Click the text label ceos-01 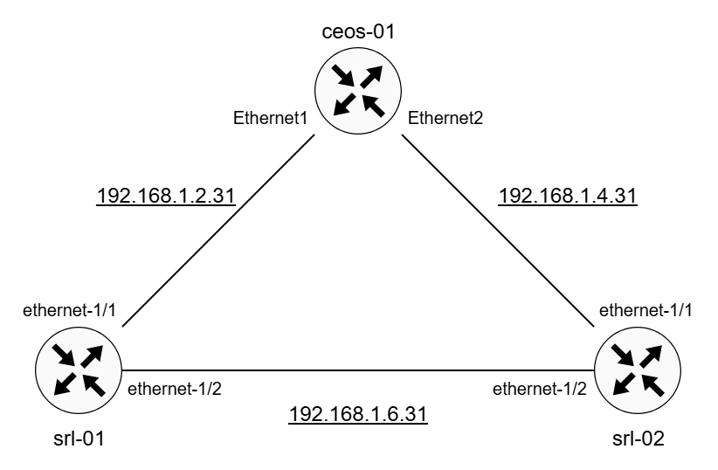point(358,33)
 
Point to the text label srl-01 point(79,436)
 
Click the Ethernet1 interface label point(270,116)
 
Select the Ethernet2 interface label point(445,116)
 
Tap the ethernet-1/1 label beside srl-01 point(76,312)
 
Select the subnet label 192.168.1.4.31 point(568,197)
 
